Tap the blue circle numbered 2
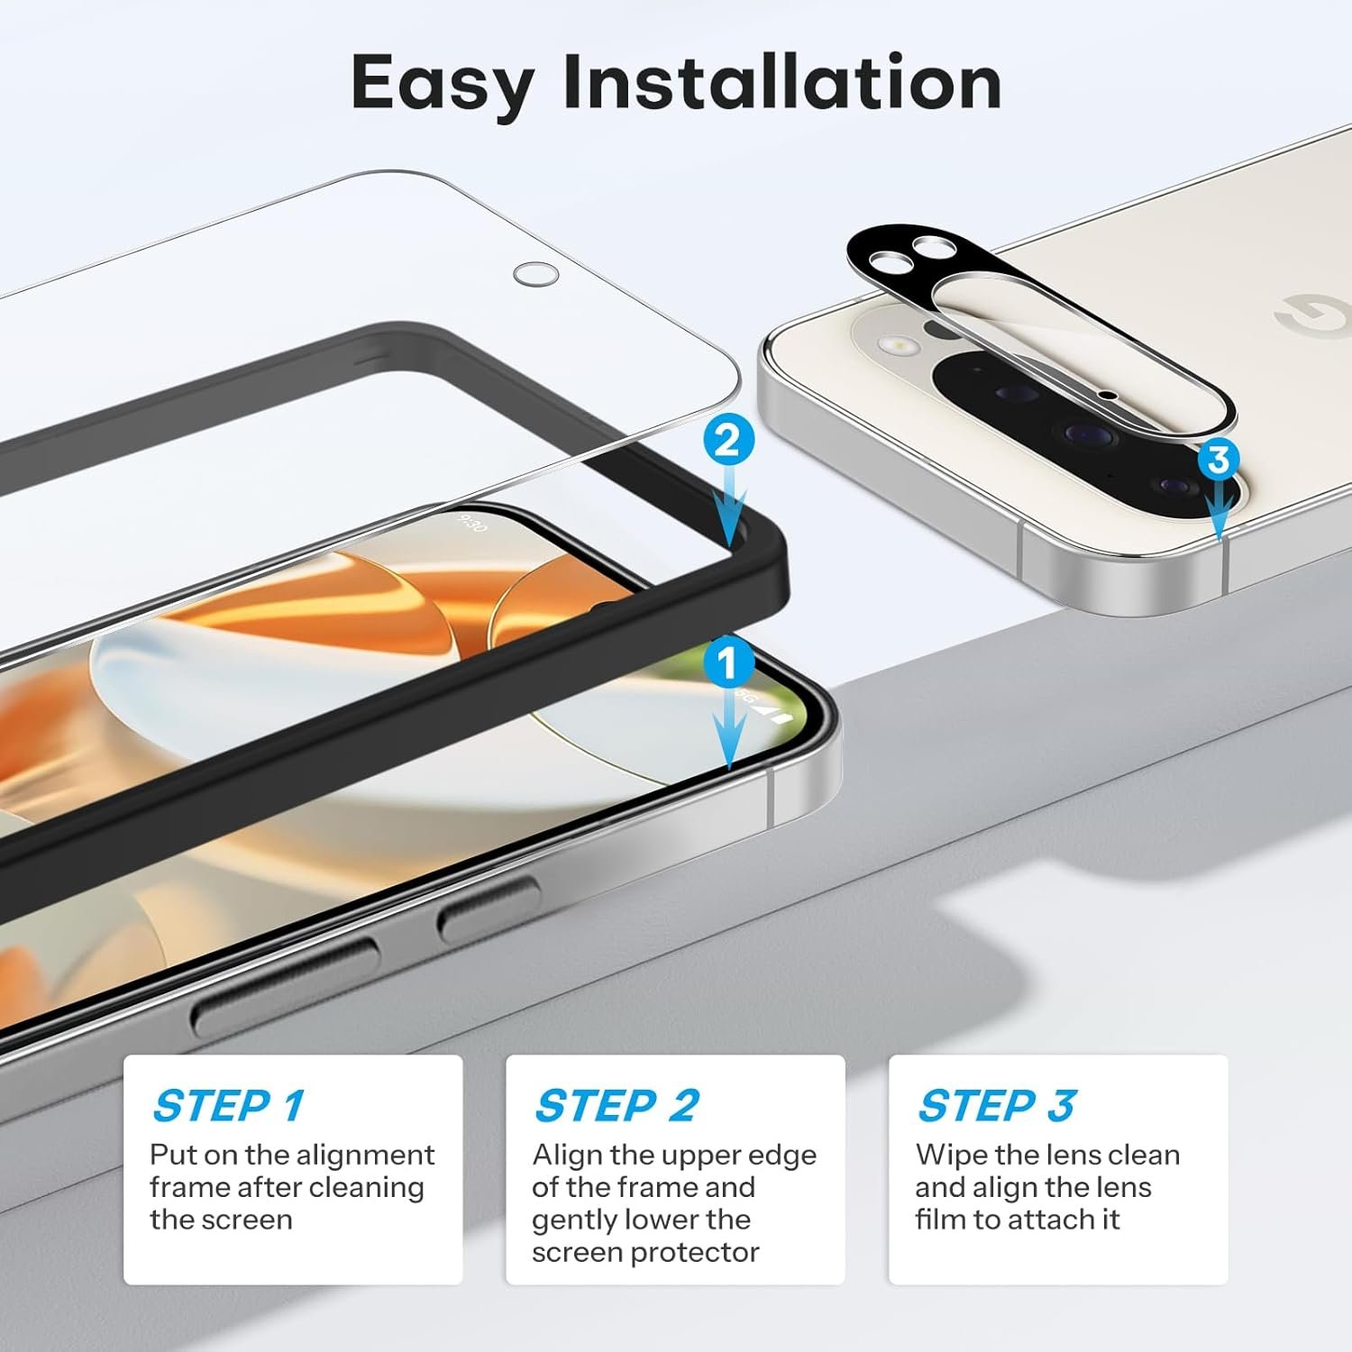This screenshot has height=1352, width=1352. (x=727, y=441)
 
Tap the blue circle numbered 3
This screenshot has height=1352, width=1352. (x=1219, y=460)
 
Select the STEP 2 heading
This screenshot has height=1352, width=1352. (x=617, y=1106)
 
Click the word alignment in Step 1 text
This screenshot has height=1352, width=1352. (x=365, y=1156)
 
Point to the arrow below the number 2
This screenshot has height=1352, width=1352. (x=728, y=505)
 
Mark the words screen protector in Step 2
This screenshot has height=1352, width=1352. (x=645, y=1254)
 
